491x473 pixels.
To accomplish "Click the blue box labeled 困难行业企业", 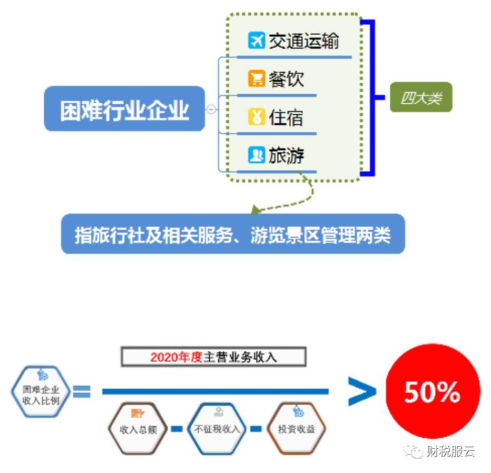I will [x=124, y=109].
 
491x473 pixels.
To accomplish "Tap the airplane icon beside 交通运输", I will [x=256, y=41].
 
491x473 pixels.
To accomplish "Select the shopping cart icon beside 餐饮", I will [x=256, y=79].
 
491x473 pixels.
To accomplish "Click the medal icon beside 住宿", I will [x=256, y=117].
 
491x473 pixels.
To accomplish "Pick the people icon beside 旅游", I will [x=256, y=155].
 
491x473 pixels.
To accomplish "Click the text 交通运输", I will [x=303, y=41].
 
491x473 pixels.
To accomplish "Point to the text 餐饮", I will [x=286, y=79].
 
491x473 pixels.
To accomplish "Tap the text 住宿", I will [x=286, y=117].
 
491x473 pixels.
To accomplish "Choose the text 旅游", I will [x=286, y=155].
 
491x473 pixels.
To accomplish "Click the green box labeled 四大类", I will [x=421, y=97].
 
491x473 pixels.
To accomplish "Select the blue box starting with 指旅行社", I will [x=233, y=234].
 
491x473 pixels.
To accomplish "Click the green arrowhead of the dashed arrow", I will [x=256, y=210].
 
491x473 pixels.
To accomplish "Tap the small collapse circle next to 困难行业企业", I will [x=211, y=109].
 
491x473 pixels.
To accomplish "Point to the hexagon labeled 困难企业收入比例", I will [x=41, y=392].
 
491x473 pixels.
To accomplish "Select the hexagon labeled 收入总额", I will [x=139, y=428].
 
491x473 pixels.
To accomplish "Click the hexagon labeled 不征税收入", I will [x=217, y=428].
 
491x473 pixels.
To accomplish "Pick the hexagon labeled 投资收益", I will [x=296, y=428].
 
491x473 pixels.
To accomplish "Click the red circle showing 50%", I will [x=433, y=391].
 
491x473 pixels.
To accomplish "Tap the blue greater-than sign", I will [x=362, y=391].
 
